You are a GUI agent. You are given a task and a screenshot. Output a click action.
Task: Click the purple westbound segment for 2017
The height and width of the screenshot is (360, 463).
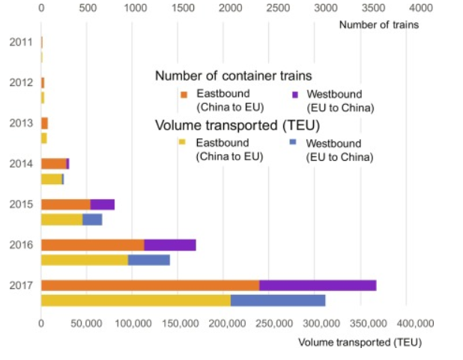[318, 285]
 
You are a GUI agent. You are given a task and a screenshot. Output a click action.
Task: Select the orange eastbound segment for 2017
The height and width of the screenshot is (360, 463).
[150, 285]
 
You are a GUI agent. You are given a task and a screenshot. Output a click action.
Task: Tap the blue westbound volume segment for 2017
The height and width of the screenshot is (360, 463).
[278, 300]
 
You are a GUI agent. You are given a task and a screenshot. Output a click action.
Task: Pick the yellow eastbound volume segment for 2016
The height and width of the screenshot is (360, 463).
[85, 260]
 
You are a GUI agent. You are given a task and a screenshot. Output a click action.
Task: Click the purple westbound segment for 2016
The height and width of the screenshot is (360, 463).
[170, 245]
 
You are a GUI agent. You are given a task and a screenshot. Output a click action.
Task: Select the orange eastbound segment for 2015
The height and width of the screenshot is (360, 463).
[65, 204]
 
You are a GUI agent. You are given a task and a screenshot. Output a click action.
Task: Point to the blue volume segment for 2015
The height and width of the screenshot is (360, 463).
[92, 219]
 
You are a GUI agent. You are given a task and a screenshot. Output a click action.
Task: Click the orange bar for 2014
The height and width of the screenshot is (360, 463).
[53, 163]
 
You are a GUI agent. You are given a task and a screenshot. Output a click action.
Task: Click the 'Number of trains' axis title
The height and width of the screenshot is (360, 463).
[378, 25]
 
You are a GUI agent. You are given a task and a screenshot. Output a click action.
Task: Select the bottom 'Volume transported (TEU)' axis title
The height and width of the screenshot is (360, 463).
[360, 342]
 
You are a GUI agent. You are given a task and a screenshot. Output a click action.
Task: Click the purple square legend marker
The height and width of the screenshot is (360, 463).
[295, 94]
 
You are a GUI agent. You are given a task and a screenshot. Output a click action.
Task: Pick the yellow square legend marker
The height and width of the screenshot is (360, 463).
[183, 142]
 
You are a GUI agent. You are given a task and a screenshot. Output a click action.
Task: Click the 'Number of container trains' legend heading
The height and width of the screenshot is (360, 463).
[233, 76]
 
